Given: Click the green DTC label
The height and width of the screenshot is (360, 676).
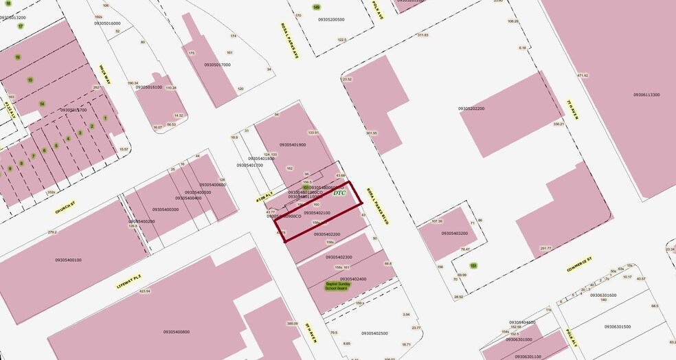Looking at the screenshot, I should click(x=339, y=193).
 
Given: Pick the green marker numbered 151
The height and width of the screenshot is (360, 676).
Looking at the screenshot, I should click(x=473, y=265).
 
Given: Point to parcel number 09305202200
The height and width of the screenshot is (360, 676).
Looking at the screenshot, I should click(x=471, y=109).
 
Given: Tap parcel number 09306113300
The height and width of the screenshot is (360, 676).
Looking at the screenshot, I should click(x=646, y=95).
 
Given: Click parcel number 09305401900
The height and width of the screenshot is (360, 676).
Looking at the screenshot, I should click(x=293, y=145).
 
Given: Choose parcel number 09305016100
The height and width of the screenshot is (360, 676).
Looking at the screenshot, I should click(x=148, y=87).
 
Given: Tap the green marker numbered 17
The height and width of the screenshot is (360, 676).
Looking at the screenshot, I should click(x=21, y=26).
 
